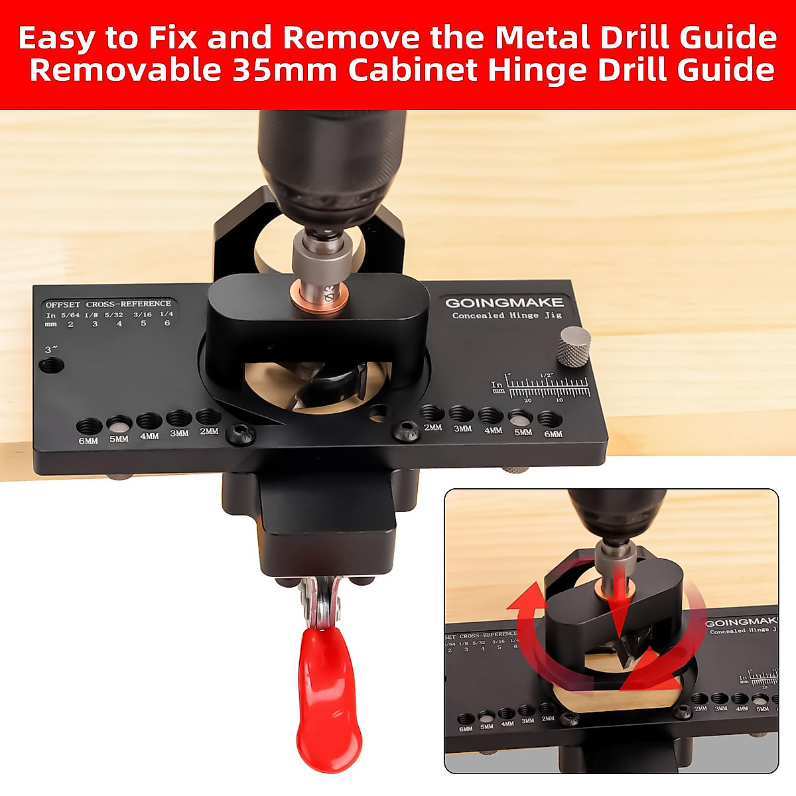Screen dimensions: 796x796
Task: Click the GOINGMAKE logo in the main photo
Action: click(504, 303)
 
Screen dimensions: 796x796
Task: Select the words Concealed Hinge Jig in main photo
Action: click(507, 316)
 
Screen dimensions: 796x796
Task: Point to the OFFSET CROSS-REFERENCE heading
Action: click(108, 304)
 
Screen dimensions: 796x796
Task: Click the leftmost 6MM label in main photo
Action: click(88, 440)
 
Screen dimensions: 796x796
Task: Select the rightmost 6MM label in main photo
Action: click(553, 434)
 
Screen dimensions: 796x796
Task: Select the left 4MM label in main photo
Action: click(149, 436)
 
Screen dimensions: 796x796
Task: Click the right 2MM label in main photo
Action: click(432, 428)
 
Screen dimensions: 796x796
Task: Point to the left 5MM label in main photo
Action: click(119, 438)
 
